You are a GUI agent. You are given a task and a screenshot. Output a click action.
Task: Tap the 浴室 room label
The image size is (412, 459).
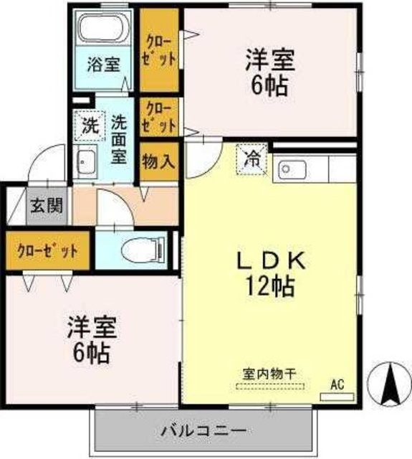tap(104, 64)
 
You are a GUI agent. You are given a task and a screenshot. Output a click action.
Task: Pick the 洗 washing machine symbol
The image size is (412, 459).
tap(89, 127)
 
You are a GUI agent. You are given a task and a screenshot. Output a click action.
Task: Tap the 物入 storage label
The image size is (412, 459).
tap(158, 161)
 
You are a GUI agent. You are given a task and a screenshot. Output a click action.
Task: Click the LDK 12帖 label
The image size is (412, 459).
tap(269, 273)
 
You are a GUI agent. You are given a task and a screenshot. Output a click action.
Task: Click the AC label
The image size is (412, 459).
tap(337, 385)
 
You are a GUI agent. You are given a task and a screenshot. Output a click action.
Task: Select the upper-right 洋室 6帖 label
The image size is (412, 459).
tap(269, 72)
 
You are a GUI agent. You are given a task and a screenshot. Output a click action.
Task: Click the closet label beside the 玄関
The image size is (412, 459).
tap(47, 251)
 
